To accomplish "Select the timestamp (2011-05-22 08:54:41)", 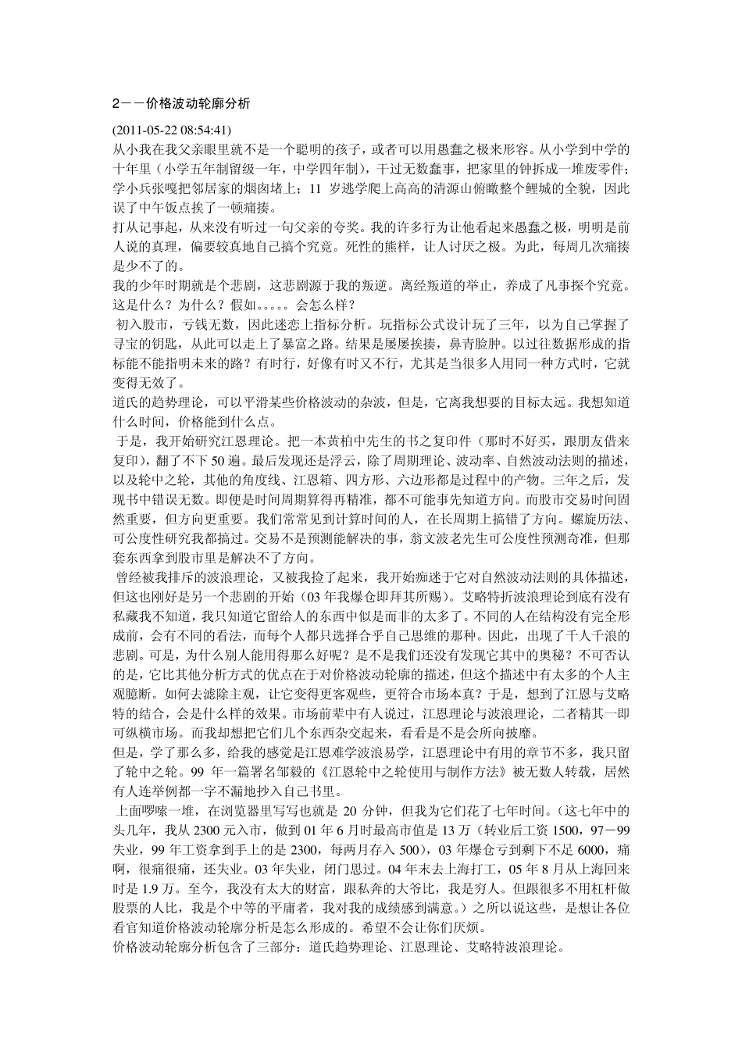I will (171, 129).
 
